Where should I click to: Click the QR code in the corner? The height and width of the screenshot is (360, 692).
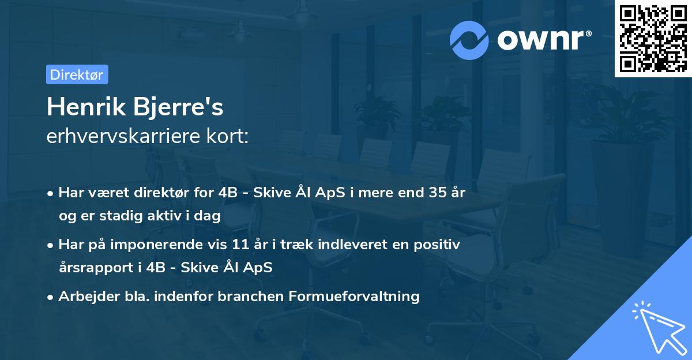pyautogui.click(x=653, y=38)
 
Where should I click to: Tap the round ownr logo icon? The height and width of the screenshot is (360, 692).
pyautogui.click(x=469, y=39)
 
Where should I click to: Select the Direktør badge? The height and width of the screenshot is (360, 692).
pyautogui.click(x=77, y=74)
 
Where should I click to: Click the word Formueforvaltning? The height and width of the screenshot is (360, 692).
pyautogui.click(x=362, y=297)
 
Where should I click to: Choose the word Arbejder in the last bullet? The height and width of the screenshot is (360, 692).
pyautogui.click(x=84, y=297)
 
